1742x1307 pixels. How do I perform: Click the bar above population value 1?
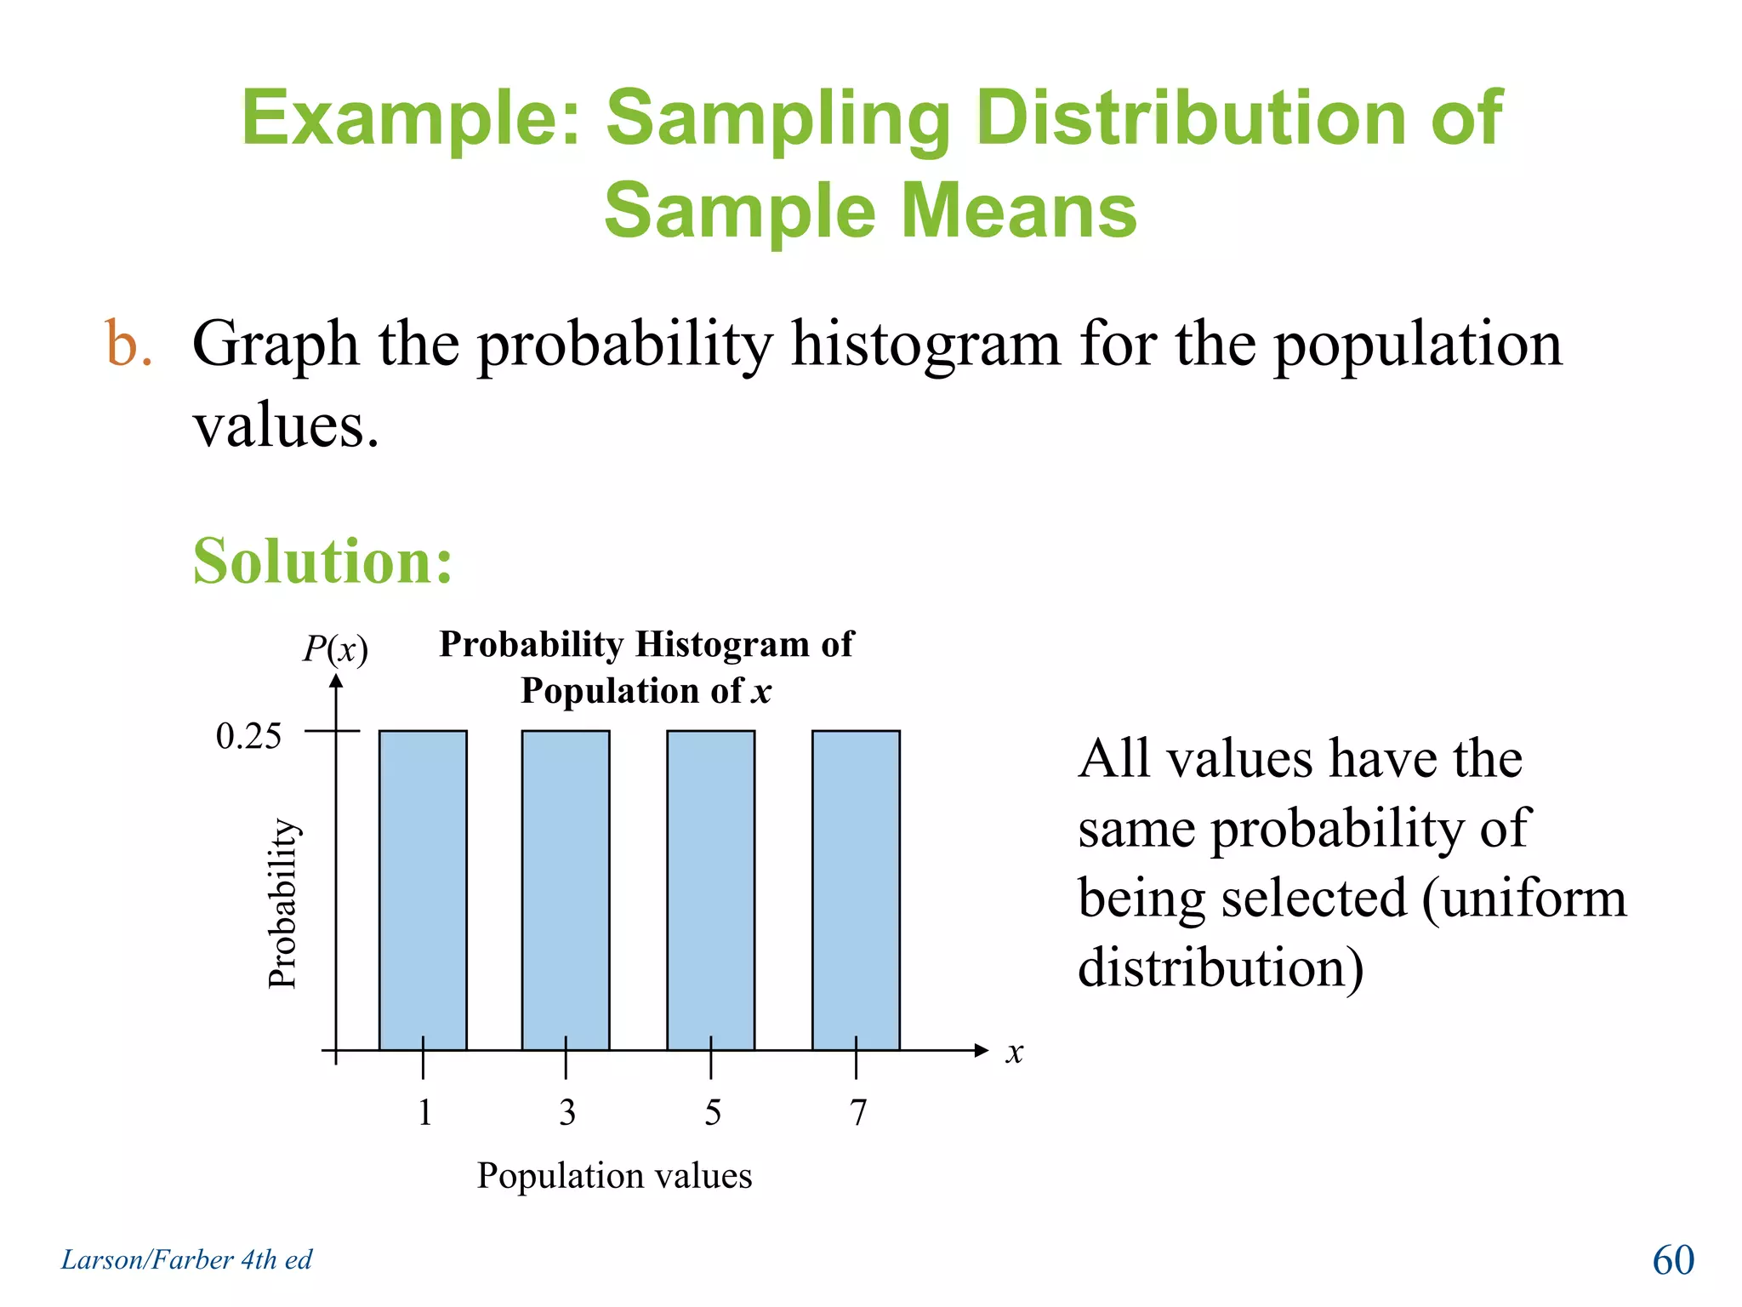tap(423, 889)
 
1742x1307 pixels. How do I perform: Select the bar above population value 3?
tap(566, 889)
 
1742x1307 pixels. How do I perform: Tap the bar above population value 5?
tap(711, 889)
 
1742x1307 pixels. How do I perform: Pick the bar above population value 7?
tap(856, 889)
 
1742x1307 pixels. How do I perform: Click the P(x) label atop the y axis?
tap(335, 650)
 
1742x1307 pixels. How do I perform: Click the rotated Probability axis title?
tap(282, 903)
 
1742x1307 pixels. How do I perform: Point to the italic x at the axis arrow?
tap(1014, 1053)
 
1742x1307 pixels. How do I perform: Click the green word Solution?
tap(323, 562)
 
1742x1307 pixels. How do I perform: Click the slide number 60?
tap(1673, 1260)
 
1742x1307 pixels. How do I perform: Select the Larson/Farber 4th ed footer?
tap(186, 1259)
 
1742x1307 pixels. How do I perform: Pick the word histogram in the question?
tap(925, 345)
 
